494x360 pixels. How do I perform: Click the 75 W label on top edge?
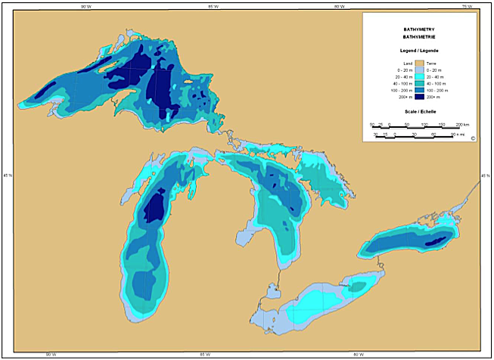[468, 6]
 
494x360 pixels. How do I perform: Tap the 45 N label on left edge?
[8, 176]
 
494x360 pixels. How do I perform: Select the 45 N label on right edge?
[485, 176]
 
